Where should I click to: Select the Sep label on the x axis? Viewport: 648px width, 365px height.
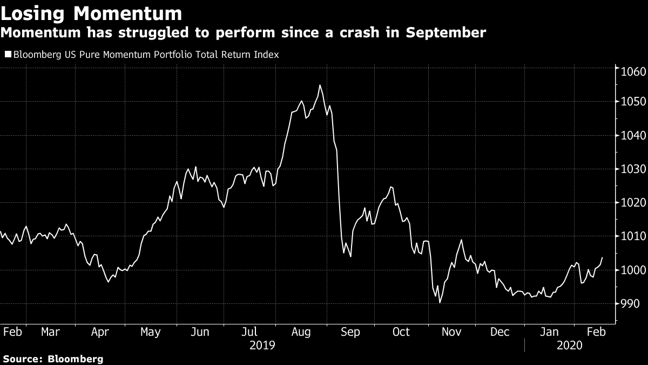pyautogui.click(x=350, y=332)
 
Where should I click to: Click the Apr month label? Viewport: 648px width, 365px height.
pyautogui.click(x=101, y=332)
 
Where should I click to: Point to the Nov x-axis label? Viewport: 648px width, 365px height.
pyautogui.click(x=451, y=332)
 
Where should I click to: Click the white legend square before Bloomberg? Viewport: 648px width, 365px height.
pyautogui.click(x=8, y=55)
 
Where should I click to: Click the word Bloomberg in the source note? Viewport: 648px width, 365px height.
pyautogui.click(x=76, y=359)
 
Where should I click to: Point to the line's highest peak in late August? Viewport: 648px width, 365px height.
pyautogui.click(x=320, y=85)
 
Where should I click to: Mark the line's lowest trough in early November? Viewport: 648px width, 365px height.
pyautogui.click(x=440, y=303)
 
